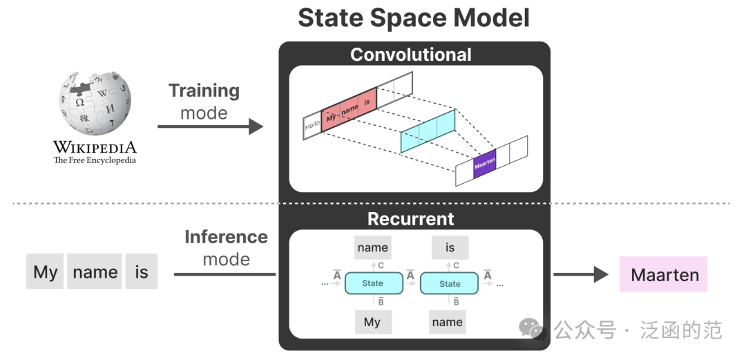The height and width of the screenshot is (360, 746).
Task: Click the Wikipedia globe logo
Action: [95, 103]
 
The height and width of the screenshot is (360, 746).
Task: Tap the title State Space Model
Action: [414, 19]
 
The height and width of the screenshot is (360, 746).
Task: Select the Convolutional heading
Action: [411, 55]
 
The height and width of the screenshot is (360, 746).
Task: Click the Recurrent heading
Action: [411, 218]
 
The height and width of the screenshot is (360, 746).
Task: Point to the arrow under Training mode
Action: [210, 126]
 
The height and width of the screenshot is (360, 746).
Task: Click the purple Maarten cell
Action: [485, 164]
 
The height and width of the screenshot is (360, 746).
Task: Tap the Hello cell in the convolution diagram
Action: [313, 126]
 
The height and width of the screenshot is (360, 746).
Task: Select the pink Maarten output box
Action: [663, 274]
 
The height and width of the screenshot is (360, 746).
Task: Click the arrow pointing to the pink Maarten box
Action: [581, 274]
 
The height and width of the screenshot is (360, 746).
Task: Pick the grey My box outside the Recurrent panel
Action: [45, 272]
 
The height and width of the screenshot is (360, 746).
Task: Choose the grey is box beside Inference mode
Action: [142, 272]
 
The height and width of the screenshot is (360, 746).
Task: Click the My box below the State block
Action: [374, 322]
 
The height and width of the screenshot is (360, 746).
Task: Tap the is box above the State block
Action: [450, 247]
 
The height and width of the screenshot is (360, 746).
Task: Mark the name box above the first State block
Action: [373, 247]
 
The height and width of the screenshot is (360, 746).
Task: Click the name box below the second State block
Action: [447, 322]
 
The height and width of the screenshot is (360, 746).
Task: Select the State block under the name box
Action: [374, 283]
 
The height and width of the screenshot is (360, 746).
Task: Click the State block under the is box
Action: [449, 283]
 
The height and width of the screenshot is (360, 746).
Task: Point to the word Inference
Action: [226, 237]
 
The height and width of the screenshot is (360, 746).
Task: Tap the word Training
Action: [204, 91]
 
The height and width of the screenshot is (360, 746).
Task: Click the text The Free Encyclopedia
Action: [95, 160]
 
